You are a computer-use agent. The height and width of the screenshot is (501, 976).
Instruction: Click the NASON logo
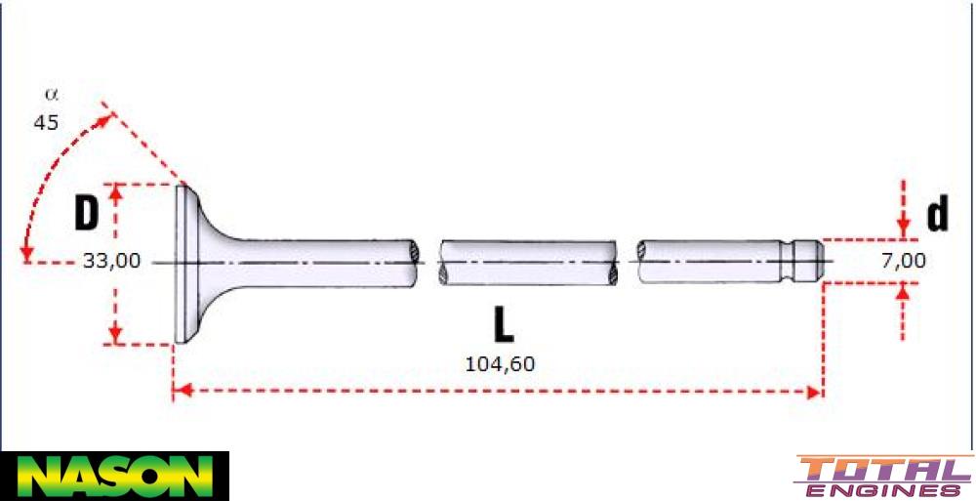coord(114,476)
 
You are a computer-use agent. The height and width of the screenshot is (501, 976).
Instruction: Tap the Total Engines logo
coord(883,477)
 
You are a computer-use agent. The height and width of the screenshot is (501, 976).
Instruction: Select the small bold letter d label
coord(937,215)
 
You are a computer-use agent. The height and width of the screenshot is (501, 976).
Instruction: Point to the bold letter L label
coord(503,325)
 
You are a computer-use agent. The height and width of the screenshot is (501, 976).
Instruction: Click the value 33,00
coord(111,261)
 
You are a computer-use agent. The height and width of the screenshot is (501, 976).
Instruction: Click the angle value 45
coord(46,123)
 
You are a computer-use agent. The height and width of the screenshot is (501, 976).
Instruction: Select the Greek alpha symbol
coord(51,96)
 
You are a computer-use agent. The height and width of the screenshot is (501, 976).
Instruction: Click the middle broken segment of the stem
coord(528,262)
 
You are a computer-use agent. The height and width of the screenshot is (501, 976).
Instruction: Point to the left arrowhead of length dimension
coord(179,392)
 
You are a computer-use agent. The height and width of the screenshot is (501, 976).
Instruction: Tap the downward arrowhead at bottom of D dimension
coord(116,336)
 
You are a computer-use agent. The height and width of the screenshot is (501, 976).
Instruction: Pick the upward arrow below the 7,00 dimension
coord(905,290)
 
